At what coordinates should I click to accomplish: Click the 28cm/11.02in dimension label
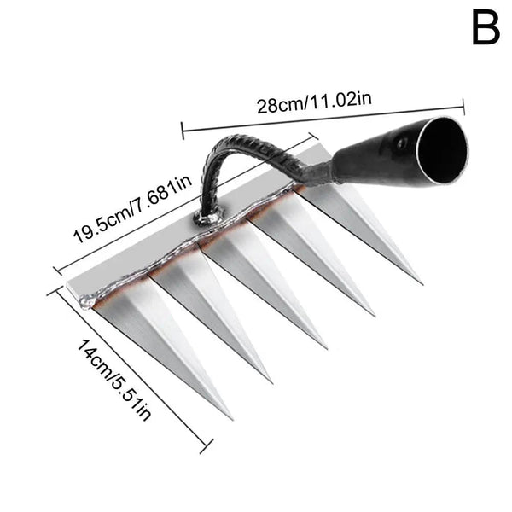pos(314,102)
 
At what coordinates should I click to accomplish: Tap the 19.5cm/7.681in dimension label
pos(132,210)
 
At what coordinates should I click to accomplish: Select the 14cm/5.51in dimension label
pos(113,380)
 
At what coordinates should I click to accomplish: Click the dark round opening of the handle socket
pos(442,151)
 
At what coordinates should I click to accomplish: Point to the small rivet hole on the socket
pos(402,143)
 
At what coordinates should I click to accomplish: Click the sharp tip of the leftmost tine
pos(231,419)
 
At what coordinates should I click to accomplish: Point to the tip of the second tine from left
pos(271,381)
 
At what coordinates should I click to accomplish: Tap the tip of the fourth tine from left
pos(374,315)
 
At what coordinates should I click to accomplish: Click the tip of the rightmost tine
pos(422,283)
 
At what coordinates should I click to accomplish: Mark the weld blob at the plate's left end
pos(88,301)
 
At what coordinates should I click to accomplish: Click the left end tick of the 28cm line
pos(183,131)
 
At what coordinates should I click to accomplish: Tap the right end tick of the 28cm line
pos(463,107)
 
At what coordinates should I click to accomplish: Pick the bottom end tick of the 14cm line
pos(206,446)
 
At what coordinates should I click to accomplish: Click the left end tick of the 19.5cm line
pos(58,271)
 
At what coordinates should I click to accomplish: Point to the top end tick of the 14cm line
pos(55,290)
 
